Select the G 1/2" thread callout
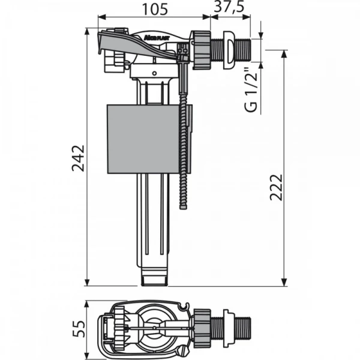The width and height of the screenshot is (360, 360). pyautogui.click(x=252, y=91)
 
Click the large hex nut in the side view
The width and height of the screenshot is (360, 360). pyautogui.click(x=202, y=46)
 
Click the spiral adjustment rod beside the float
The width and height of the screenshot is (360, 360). pyautogui.click(x=184, y=156)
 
